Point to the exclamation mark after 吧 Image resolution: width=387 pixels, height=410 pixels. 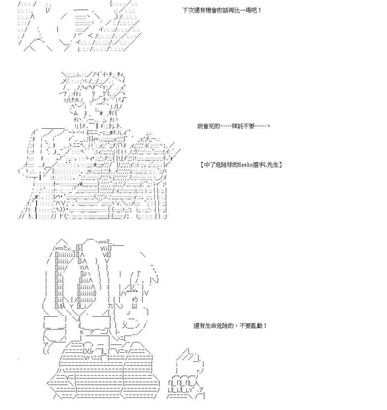click(260, 10)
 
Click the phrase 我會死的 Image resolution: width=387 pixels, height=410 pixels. click(208, 126)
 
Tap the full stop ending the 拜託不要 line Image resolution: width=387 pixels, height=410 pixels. click(269, 126)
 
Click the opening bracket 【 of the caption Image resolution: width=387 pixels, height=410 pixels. click(202, 165)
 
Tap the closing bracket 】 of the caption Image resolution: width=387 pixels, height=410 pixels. click(280, 165)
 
